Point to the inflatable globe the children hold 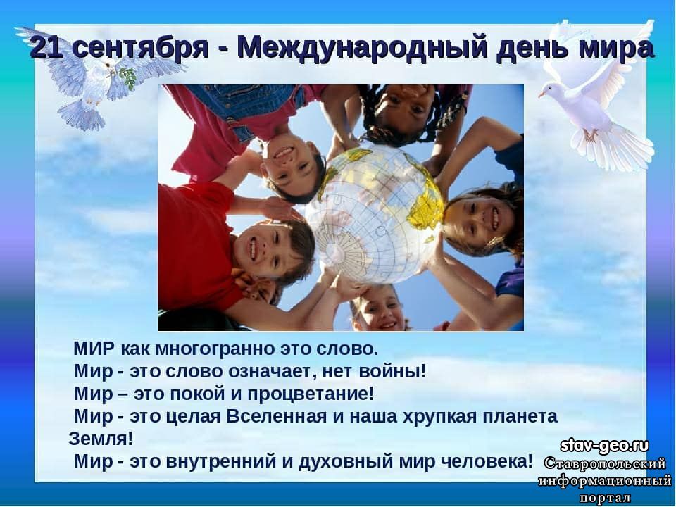coord(374,214)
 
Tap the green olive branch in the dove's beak coord(127,77)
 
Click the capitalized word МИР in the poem coord(94,349)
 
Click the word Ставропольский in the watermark coord(605,464)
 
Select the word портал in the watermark coord(605,497)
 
